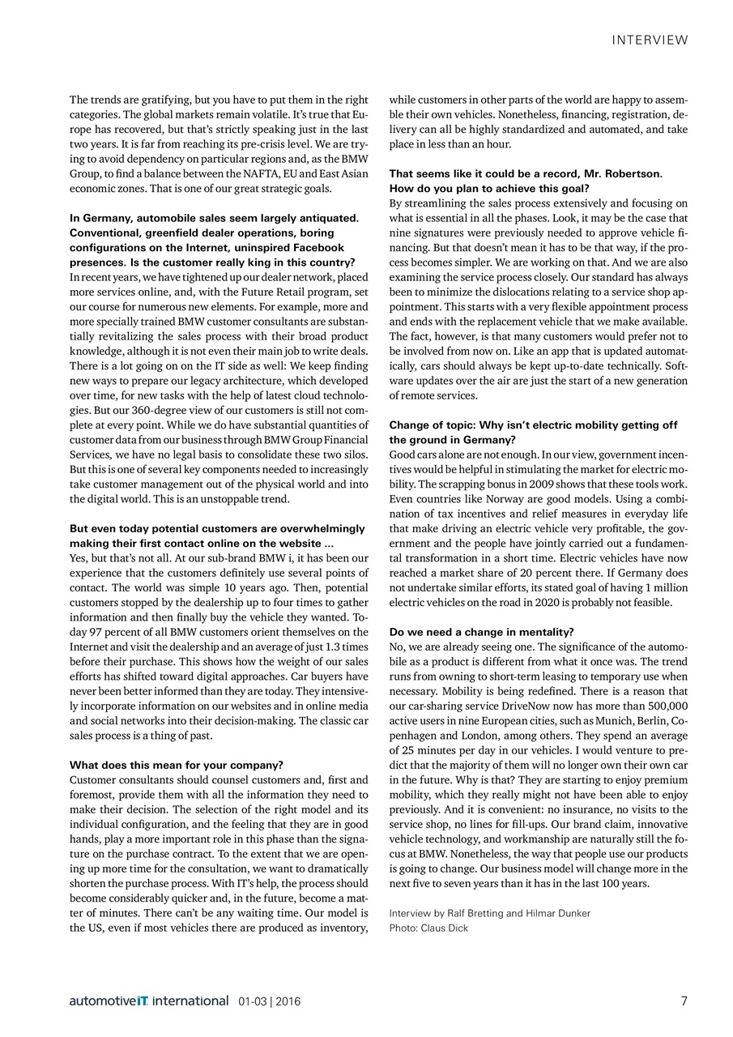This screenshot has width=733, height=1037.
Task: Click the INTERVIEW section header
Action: coord(650,40)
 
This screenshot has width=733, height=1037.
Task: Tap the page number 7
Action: coord(684,1001)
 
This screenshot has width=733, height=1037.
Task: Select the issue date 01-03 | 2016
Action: coord(270,1001)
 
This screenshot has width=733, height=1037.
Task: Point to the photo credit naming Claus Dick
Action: coord(428,928)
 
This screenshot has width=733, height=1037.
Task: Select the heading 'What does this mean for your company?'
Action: coord(176,764)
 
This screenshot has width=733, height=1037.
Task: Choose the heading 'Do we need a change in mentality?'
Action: coord(481,631)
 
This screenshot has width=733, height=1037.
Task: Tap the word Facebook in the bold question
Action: coord(322,247)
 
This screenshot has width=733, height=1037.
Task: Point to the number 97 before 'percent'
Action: coord(92,632)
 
